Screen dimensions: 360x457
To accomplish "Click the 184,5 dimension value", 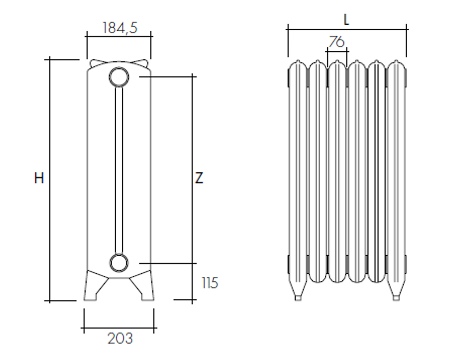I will point(120,27).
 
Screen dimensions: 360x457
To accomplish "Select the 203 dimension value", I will point(120,338).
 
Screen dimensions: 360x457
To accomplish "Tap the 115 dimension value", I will point(210,282).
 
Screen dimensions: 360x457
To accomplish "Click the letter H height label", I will point(39,178).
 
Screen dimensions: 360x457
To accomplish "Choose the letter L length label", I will point(346,20).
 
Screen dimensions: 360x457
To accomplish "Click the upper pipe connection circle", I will point(119,77).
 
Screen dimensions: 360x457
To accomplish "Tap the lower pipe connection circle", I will point(119,262).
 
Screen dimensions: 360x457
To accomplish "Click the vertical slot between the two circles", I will point(119,169).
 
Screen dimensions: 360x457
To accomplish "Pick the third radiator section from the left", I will point(337,169).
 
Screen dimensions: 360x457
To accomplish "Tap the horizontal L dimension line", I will point(346,30).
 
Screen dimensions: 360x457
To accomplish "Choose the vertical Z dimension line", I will point(192,128).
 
